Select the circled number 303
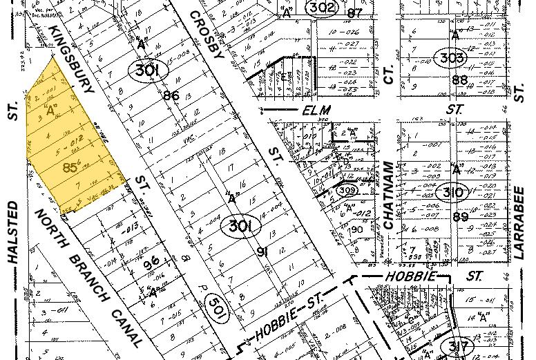(x=452, y=58)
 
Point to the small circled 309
(x=346, y=189)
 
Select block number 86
(x=171, y=95)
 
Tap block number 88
(x=459, y=80)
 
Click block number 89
(x=460, y=217)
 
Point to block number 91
(x=262, y=252)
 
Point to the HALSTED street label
(x=13, y=232)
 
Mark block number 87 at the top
(x=355, y=12)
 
